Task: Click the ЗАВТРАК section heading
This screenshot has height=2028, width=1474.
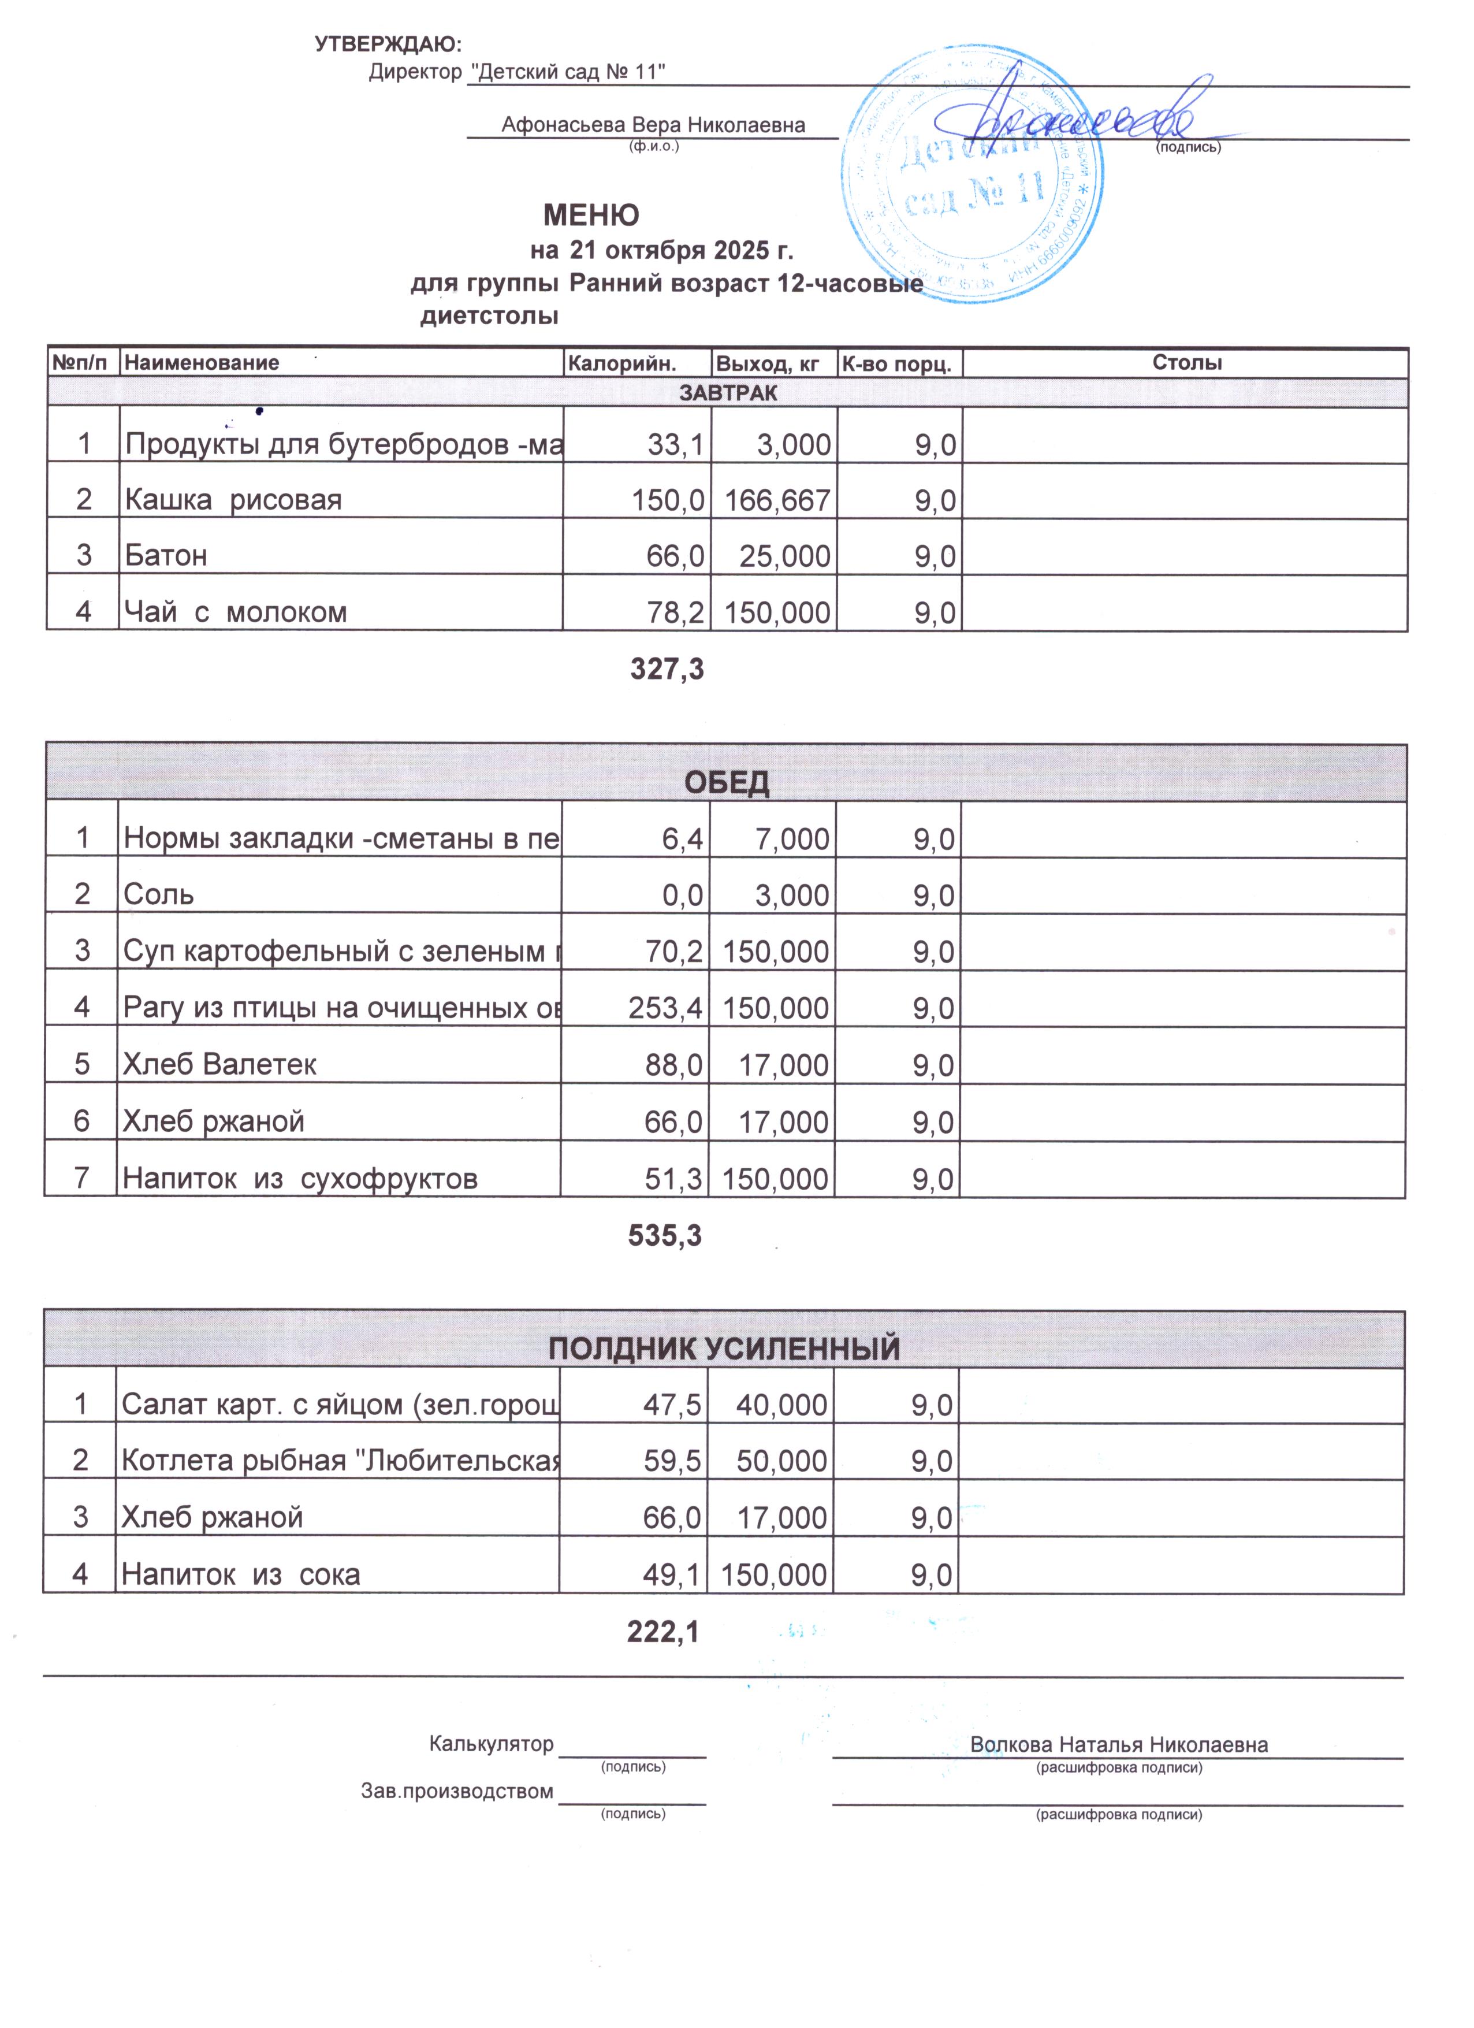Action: click(728, 392)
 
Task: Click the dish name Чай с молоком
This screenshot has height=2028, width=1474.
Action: click(235, 612)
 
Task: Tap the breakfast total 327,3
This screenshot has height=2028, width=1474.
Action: click(667, 669)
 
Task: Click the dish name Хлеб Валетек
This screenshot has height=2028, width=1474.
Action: click(220, 1064)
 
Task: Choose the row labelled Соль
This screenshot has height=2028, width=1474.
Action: click(158, 894)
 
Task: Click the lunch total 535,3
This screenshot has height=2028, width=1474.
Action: click(665, 1236)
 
